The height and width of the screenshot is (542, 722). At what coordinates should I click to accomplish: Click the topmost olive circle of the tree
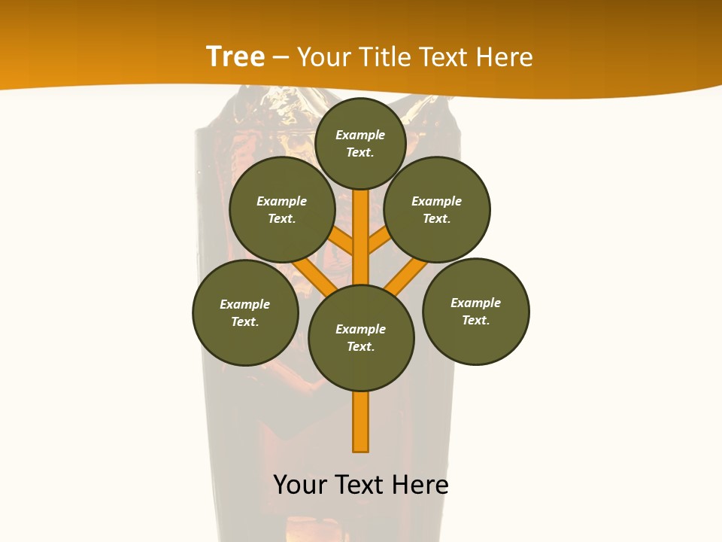pos(360,143)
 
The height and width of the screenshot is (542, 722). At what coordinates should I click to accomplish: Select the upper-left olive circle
pos(282,209)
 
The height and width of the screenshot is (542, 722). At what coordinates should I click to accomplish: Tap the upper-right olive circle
pos(437,209)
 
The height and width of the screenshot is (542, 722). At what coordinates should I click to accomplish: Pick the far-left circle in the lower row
pos(245,312)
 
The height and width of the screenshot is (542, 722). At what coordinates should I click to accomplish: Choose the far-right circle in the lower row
pos(476,311)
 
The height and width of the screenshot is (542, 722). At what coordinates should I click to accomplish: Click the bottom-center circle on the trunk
pos(361,338)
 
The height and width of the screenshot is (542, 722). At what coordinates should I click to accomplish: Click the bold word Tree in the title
pos(235,56)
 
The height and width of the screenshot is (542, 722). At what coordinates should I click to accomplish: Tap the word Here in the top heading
pos(503,57)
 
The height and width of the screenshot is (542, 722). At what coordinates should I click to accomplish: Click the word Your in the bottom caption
pos(300,485)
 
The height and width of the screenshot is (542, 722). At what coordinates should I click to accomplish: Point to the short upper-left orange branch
pos(342,242)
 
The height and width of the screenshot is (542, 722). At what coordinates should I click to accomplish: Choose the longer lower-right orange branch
pos(405,276)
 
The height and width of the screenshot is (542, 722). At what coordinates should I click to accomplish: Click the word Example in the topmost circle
pos(360,135)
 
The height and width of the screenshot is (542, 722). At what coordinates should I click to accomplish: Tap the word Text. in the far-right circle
pos(475,320)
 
